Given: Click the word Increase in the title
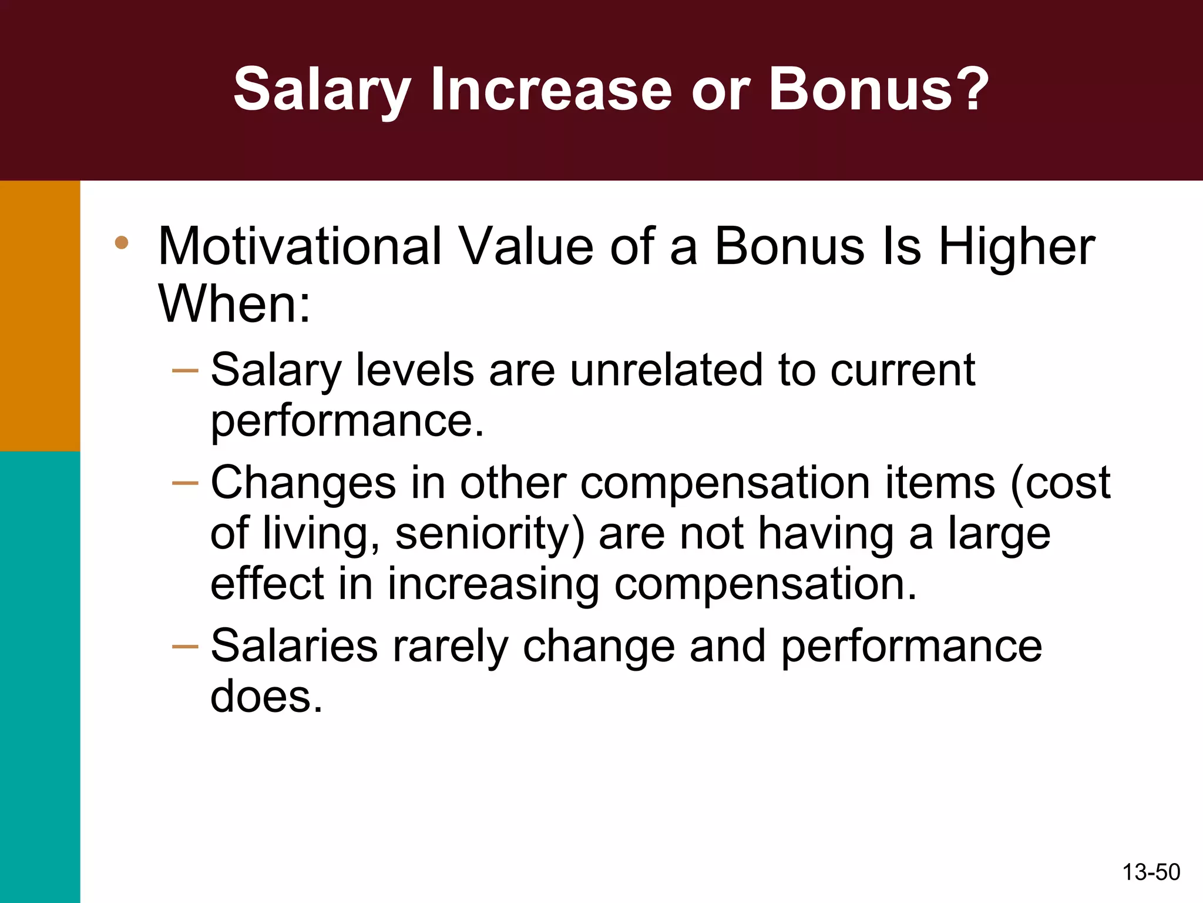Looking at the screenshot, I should click(x=551, y=89).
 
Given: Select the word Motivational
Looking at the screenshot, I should click(x=300, y=247).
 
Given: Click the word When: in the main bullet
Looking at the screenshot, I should click(x=234, y=304).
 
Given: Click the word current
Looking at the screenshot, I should click(x=903, y=370).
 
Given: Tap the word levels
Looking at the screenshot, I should click(x=415, y=370).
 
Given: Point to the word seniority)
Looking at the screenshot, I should click(x=490, y=534).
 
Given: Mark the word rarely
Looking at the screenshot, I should click(x=450, y=646).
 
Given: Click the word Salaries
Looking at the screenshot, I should click(x=294, y=646).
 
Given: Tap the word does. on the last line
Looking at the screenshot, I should click(x=267, y=697).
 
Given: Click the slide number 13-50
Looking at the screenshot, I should click(x=1151, y=872).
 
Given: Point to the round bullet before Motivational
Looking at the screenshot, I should click(x=122, y=243).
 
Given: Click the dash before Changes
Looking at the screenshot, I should click(x=185, y=483).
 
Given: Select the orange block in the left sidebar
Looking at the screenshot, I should click(x=40, y=316).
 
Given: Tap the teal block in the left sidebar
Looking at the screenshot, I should click(x=40, y=676).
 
